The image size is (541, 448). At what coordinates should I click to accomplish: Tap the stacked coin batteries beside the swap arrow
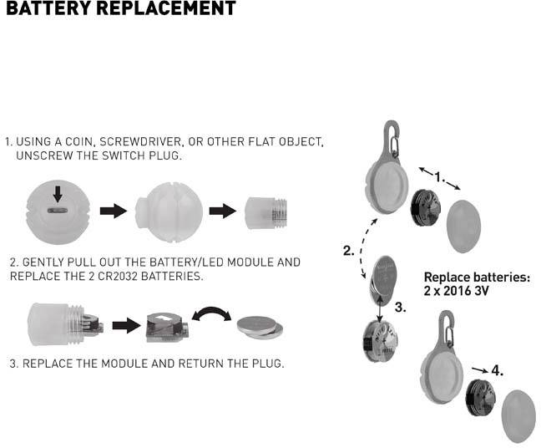coord(260,325)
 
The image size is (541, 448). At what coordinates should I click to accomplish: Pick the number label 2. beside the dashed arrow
coord(349,250)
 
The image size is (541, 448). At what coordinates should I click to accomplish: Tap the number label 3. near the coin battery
coord(400,308)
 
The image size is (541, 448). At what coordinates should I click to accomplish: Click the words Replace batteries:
coord(477,277)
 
